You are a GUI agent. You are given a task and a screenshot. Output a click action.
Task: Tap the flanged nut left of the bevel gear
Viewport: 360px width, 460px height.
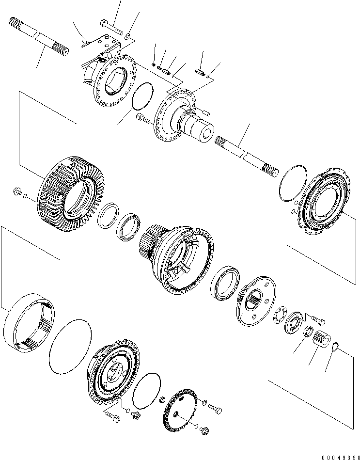click(x=16, y=192)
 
